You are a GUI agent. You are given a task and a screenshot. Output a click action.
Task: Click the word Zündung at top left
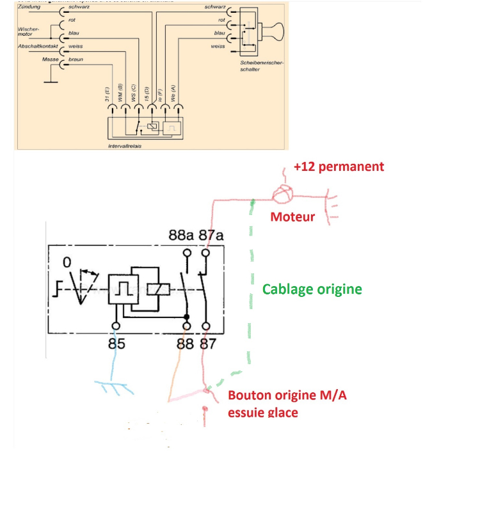point(29,6)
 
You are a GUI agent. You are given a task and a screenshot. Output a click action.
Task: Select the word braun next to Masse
point(76,60)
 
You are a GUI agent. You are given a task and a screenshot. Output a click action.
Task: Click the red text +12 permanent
point(339,166)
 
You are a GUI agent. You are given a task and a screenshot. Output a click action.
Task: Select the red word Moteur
point(292,217)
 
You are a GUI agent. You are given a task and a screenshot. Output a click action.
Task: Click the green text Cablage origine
point(312,289)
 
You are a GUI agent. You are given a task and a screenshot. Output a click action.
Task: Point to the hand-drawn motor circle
point(282,194)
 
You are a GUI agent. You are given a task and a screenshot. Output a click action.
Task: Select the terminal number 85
point(116,344)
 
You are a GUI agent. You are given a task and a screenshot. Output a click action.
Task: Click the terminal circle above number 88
point(188,326)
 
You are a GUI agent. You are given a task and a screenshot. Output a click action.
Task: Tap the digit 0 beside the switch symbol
point(67,262)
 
